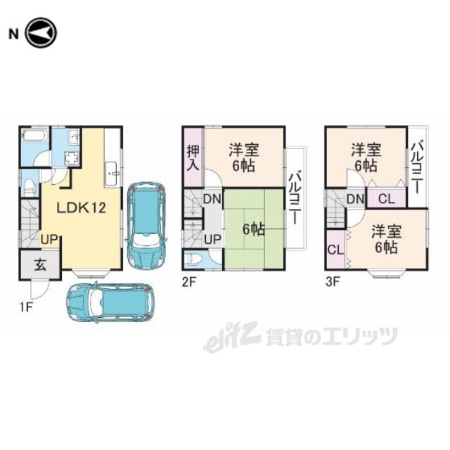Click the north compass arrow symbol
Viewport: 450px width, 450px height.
click(x=41, y=33)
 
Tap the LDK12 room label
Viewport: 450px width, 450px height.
click(x=82, y=208)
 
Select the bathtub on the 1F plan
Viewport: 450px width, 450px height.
click(x=35, y=135)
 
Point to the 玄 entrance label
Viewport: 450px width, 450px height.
click(x=40, y=264)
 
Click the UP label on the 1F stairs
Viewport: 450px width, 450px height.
click(x=49, y=239)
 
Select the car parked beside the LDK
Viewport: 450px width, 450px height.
click(x=146, y=226)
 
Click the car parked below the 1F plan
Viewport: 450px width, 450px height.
click(x=110, y=302)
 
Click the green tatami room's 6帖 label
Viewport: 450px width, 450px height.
click(x=254, y=230)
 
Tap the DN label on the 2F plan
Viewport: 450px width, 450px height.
click(x=212, y=198)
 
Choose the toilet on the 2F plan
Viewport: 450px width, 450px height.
click(x=191, y=260)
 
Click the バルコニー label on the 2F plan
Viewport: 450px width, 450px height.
click(x=296, y=198)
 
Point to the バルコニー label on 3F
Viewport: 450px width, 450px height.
click(x=417, y=168)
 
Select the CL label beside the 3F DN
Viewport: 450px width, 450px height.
click(x=386, y=198)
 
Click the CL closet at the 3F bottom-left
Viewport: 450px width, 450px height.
click(x=335, y=250)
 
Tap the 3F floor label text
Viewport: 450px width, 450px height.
click(x=333, y=282)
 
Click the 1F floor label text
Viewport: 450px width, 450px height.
click(x=26, y=307)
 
